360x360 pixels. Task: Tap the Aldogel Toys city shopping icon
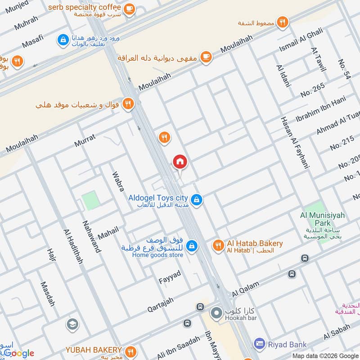(x=196, y=199)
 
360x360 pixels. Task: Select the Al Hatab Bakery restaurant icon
(x=218, y=245)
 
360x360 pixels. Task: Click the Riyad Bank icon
(x=259, y=345)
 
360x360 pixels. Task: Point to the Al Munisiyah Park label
(x=322, y=219)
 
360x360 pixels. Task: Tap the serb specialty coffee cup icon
(x=129, y=8)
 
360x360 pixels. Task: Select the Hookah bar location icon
(x=216, y=312)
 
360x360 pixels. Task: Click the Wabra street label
(x=117, y=181)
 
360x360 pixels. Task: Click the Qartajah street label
(x=160, y=305)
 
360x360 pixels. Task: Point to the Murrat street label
(x=85, y=140)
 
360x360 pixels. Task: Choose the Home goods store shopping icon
(x=192, y=246)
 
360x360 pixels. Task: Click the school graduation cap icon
(x=71, y=324)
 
